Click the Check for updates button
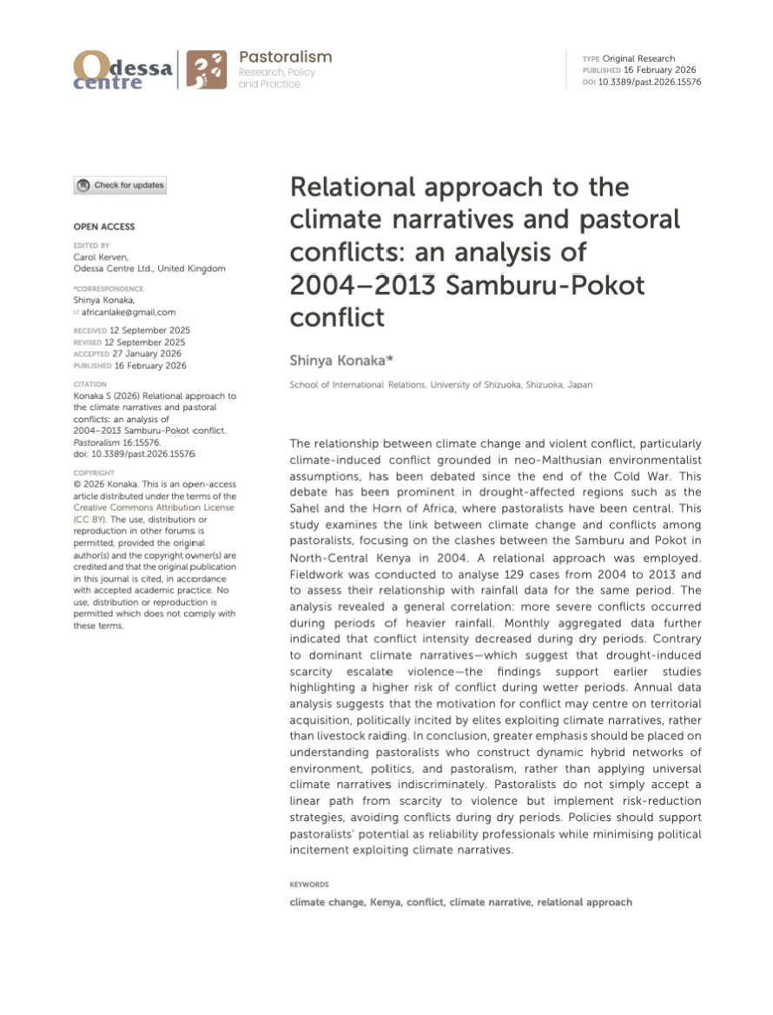point(120,185)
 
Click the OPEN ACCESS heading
point(103,227)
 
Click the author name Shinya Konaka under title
point(338,361)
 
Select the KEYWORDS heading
point(309,884)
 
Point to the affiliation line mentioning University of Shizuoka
point(441,385)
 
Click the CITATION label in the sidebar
point(90,384)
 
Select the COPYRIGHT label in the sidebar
point(93,473)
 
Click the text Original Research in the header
point(638,58)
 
